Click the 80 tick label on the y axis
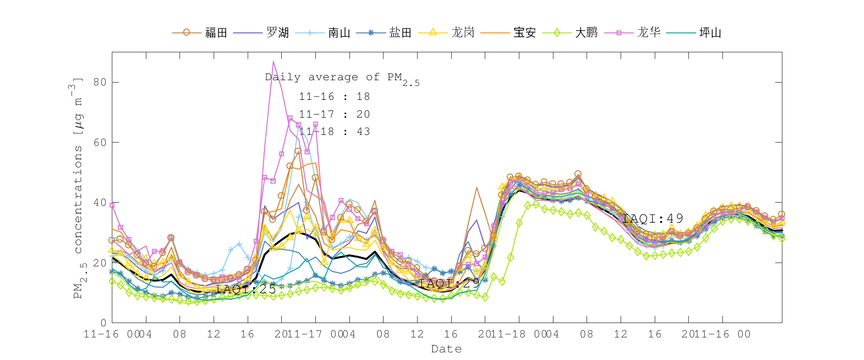[x=100, y=82]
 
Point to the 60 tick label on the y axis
[x=100, y=143]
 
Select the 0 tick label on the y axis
[x=103, y=323]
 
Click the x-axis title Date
[x=446, y=349]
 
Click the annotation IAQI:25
[x=246, y=289]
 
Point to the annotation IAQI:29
[x=449, y=283]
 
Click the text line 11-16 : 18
[x=335, y=96]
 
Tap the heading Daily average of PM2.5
[x=342, y=78]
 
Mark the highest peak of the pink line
[x=273, y=61]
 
